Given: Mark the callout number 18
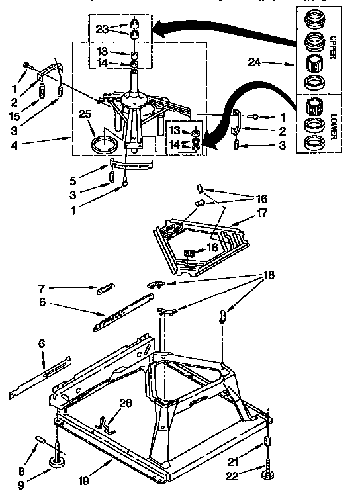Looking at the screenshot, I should click(268, 274).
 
